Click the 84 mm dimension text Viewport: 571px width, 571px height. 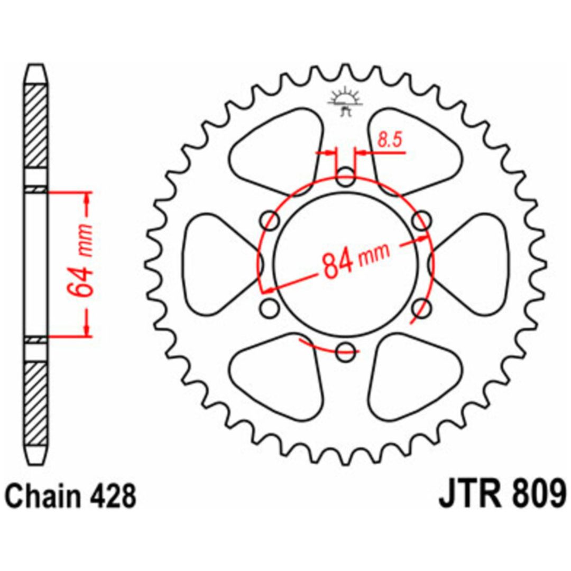pyautogui.click(x=356, y=260)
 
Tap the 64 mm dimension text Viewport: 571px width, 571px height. pyautogui.click(x=80, y=262)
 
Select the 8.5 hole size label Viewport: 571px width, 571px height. pyautogui.click(x=390, y=140)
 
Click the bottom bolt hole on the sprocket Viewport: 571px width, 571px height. pyautogui.click(x=345, y=351)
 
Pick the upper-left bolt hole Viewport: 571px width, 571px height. pyautogui.click(x=270, y=219)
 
